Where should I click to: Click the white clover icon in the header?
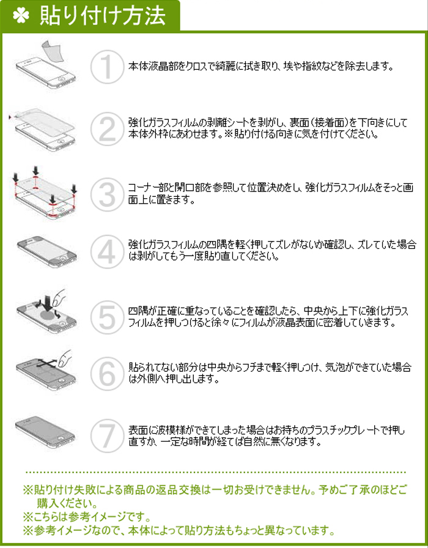click(21, 16)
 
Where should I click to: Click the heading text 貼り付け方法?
click(102, 16)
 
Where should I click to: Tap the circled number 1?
click(107, 67)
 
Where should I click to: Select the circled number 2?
click(107, 129)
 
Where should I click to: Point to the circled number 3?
click(107, 194)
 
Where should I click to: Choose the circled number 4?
click(107, 251)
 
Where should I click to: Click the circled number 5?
click(107, 317)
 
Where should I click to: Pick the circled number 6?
click(107, 373)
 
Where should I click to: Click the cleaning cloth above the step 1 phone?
click(52, 51)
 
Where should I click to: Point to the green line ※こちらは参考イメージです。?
click(87, 516)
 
